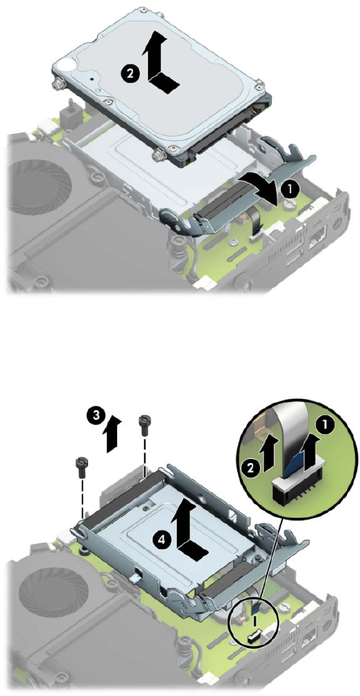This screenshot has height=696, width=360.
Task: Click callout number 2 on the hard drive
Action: coord(130,73)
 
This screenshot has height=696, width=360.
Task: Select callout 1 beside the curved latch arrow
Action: coord(289,189)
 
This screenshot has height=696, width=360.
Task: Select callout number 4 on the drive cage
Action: coord(164,539)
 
